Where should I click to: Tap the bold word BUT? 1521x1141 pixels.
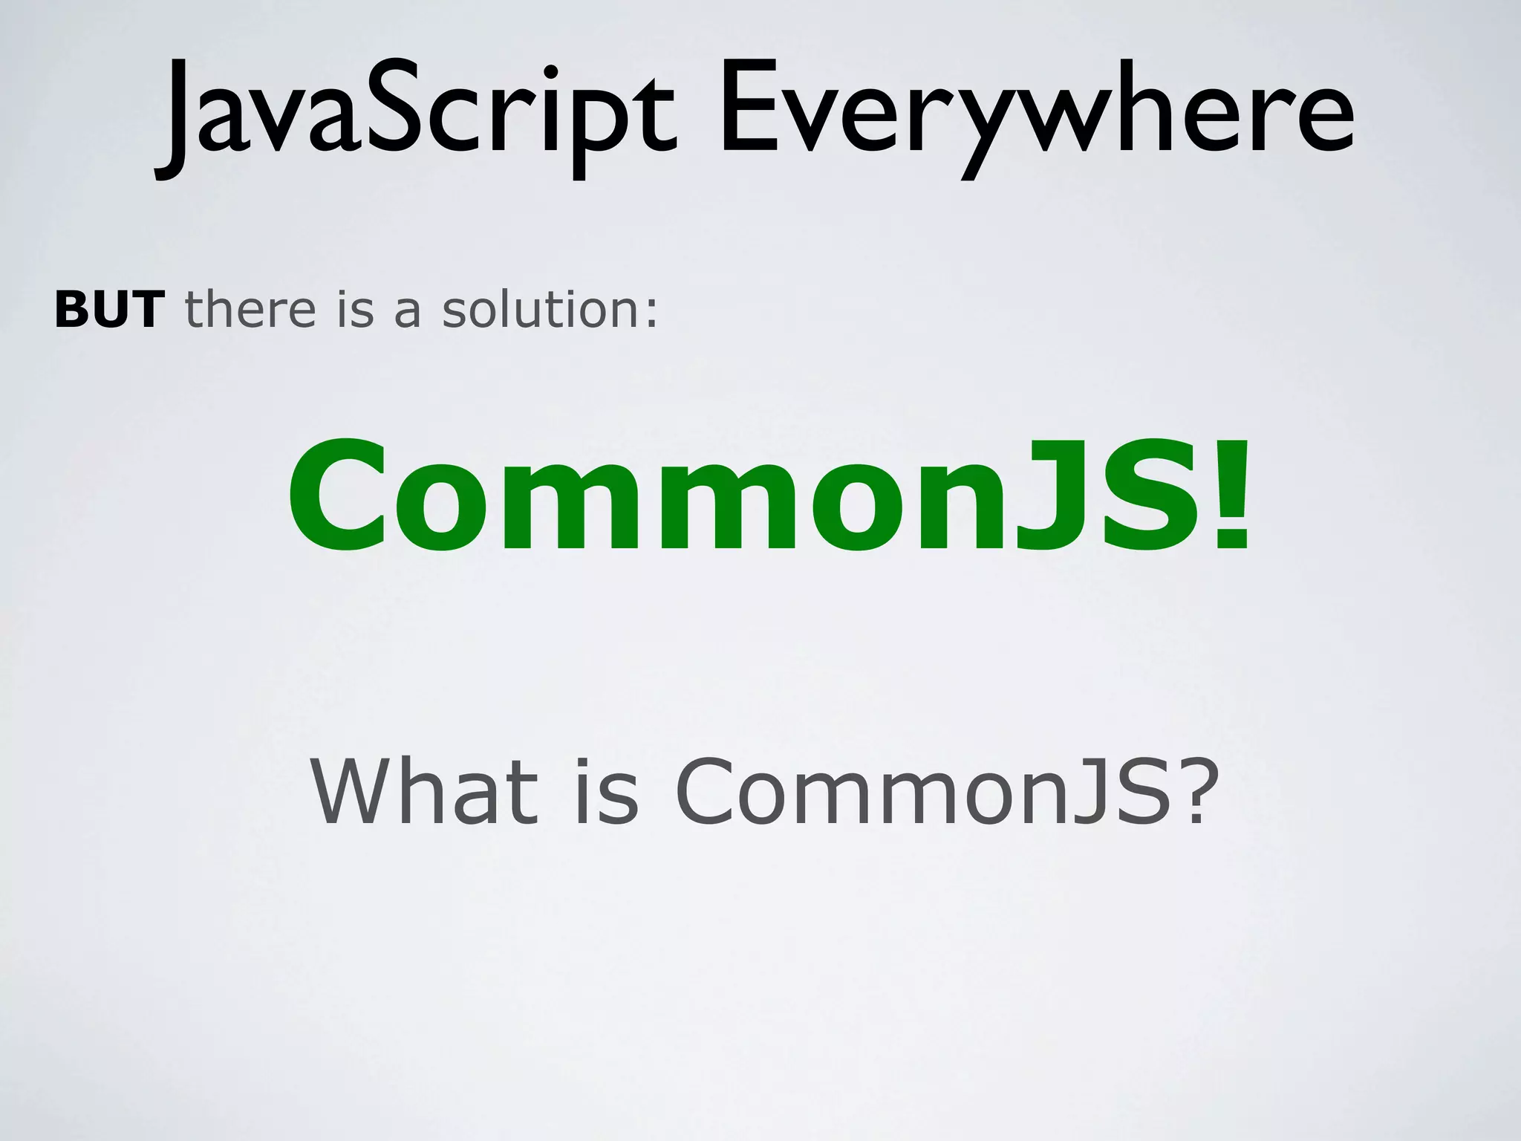pyautogui.click(x=109, y=310)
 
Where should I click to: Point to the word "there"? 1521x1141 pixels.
pyautogui.click(x=250, y=310)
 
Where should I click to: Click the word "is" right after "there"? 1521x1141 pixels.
pyautogui.click(x=354, y=310)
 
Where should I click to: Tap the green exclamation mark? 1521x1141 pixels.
pyautogui.click(x=1229, y=496)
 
